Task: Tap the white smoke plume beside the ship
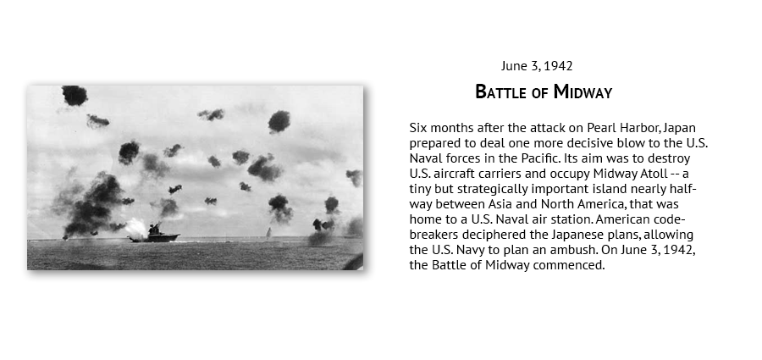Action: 135,227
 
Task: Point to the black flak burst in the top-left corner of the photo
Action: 75,95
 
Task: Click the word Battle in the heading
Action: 501,92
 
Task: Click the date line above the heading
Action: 537,66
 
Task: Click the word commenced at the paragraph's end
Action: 569,266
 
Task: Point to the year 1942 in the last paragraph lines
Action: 679,250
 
